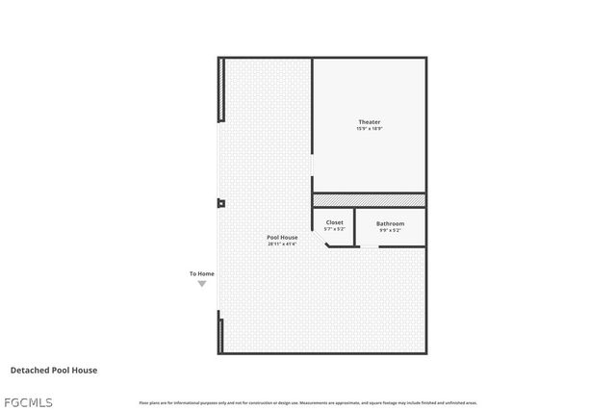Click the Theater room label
pos(370,122)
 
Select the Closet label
pos(334,222)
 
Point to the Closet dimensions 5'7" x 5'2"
pos(334,229)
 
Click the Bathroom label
pos(390,223)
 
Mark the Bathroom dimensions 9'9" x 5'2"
pos(390,230)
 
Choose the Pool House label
pos(282,237)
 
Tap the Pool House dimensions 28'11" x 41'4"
pos(282,244)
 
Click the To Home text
pos(201,274)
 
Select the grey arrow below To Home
pos(201,284)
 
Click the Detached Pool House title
pos(54,370)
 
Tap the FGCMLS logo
pos(28,401)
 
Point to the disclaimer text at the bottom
pos(308,402)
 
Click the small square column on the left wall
pos(220,203)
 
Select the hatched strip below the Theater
pos(369,199)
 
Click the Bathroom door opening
pos(369,246)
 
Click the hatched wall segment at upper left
pos(221,90)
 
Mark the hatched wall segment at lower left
pos(221,334)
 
